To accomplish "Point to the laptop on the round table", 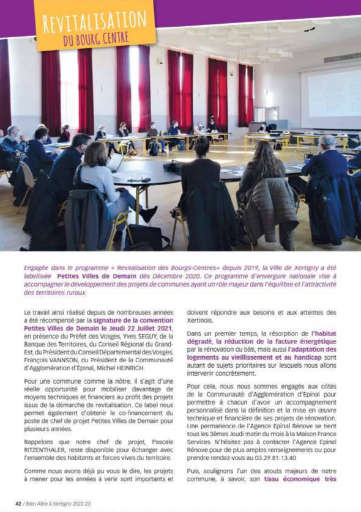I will click(x=115, y=163).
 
